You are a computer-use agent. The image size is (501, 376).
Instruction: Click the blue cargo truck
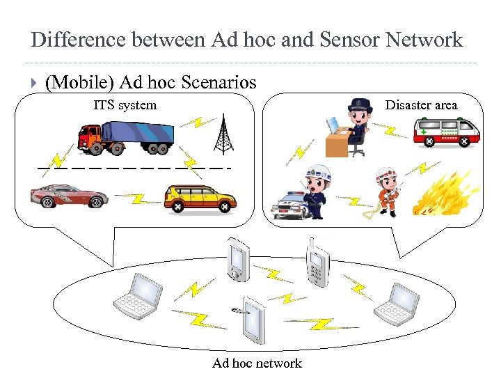pos(126,137)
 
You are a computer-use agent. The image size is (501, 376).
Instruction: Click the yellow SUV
pos(200,198)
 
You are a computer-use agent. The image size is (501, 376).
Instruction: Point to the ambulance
pos(446,131)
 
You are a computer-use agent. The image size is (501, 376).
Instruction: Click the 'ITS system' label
pos(125,105)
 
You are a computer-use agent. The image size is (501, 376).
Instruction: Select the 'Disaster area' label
pos(421,105)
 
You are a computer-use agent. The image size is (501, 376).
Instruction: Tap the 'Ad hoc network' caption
pos(257,363)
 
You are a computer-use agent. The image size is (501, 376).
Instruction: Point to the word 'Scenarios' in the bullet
pos(218,83)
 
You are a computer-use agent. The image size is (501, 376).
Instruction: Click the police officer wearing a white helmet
pos(317,191)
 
